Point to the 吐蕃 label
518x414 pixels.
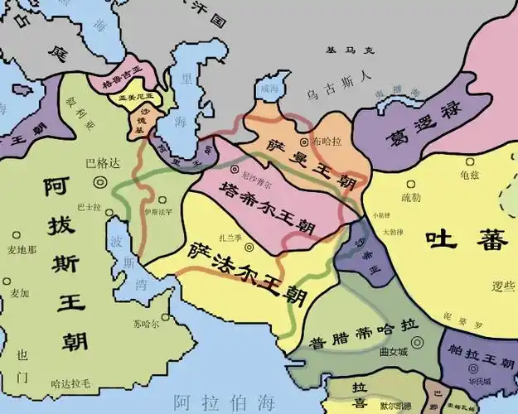[454, 240]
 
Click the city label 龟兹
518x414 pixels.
[468, 175]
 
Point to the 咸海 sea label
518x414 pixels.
[270, 88]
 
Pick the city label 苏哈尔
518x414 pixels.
[147, 322]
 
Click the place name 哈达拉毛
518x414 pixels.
[71, 384]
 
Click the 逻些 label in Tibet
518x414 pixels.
[502, 286]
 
